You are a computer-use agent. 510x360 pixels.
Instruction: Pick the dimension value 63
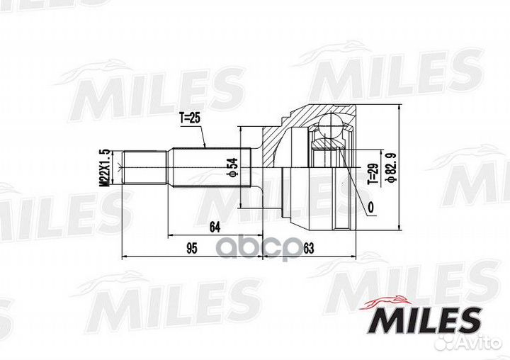pyautogui.click(x=307, y=248)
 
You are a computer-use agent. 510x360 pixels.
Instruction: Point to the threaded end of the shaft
pyautogui.click(x=144, y=168)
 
